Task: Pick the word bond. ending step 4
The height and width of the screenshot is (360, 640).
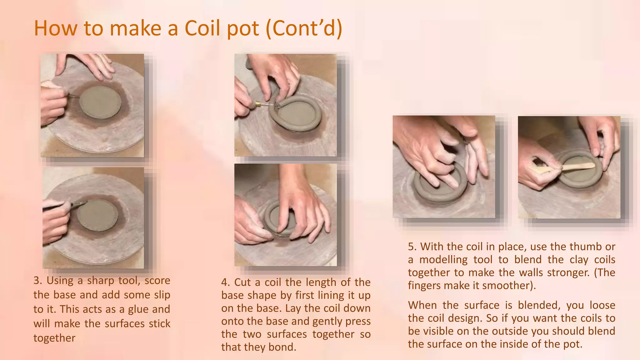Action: click(x=282, y=347)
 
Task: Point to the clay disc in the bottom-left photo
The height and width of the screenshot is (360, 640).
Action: click(x=97, y=216)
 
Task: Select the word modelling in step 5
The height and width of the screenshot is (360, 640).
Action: click(x=443, y=260)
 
